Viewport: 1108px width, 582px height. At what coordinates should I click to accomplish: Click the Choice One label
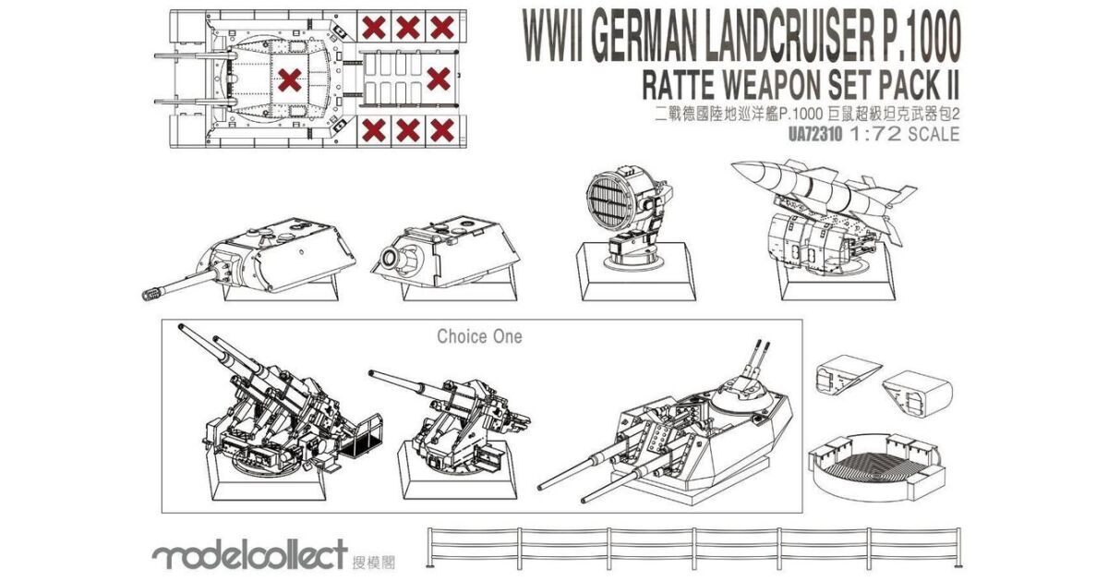point(479,336)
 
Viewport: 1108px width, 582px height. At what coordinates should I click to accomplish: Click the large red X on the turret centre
point(290,81)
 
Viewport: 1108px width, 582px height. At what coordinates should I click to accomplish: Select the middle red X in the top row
point(406,27)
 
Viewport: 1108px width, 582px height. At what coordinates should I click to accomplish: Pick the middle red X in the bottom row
point(406,129)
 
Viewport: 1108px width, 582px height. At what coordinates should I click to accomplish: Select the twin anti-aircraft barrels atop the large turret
point(754,357)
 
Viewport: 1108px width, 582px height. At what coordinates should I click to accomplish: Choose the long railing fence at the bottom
point(692,546)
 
